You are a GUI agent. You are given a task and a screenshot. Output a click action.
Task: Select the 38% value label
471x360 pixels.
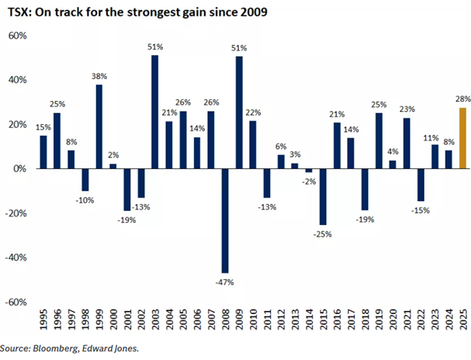tap(99, 76)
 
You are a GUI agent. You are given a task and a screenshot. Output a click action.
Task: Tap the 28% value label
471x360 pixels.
tap(462, 99)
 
